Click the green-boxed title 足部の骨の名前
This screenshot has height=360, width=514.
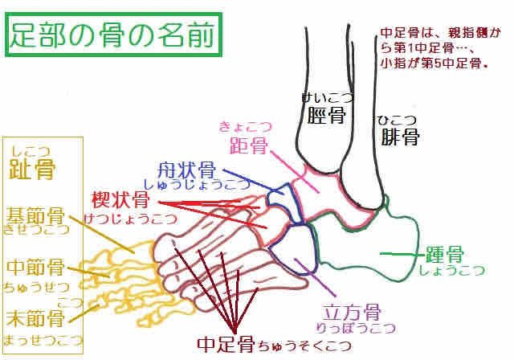tap(113, 35)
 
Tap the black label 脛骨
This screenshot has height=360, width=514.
tap(326, 116)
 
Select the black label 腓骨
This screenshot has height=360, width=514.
tap(398, 137)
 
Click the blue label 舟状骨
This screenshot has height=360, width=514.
tap(186, 170)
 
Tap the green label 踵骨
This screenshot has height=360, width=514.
tap(443, 256)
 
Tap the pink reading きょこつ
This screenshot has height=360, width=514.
tap(245, 126)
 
